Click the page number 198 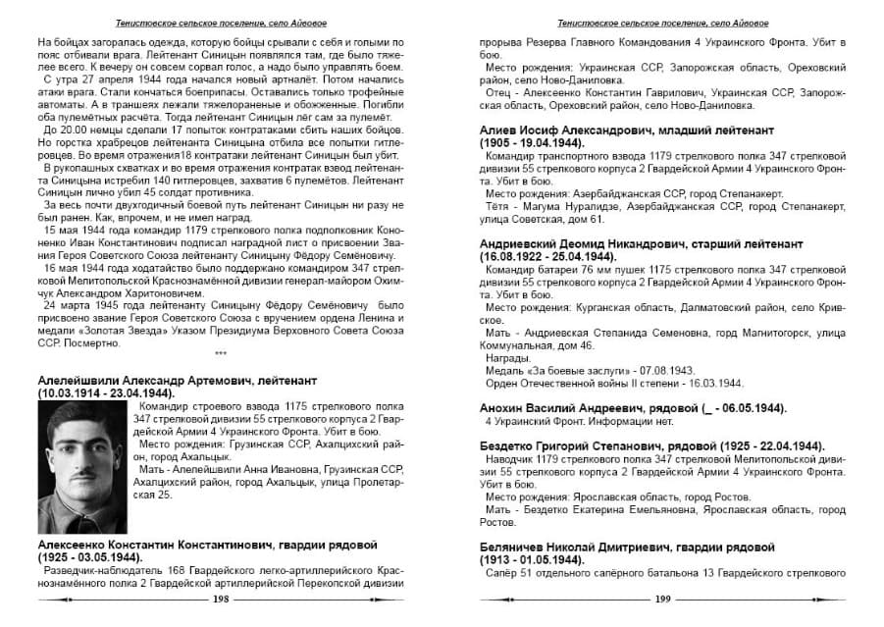point(221,599)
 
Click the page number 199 point(662,599)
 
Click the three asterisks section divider point(221,352)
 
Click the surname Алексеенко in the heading point(76,545)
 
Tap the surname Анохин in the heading point(506,407)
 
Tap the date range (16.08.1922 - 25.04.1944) point(557,256)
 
